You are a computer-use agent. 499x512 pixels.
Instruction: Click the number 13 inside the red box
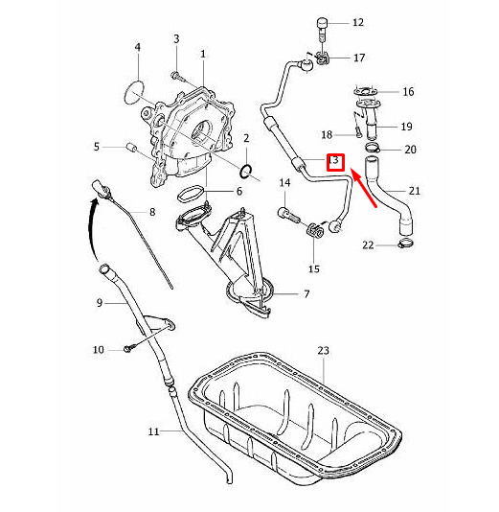tap(334, 161)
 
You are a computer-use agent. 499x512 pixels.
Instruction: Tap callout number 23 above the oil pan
tap(323, 351)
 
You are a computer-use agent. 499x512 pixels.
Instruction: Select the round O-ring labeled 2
tap(246, 172)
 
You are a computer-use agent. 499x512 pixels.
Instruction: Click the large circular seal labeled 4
tap(134, 93)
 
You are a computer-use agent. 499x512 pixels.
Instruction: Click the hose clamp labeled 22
tap(406, 244)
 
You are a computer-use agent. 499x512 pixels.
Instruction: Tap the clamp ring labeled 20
tap(372, 148)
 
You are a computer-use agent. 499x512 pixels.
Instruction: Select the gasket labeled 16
tap(365, 91)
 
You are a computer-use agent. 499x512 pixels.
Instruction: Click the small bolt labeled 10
tap(127, 348)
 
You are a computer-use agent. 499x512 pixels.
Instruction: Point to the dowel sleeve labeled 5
tap(131, 148)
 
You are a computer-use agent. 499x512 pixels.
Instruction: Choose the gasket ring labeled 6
tap(191, 194)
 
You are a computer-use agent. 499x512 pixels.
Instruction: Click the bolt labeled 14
tap(288, 215)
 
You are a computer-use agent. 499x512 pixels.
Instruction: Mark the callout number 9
tap(100, 303)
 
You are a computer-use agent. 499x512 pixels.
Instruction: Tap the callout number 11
tap(153, 431)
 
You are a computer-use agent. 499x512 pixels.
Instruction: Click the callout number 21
tap(414, 191)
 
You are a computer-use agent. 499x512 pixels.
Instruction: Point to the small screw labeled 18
tap(358, 129)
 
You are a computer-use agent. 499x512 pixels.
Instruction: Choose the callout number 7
tap(306, 294)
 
